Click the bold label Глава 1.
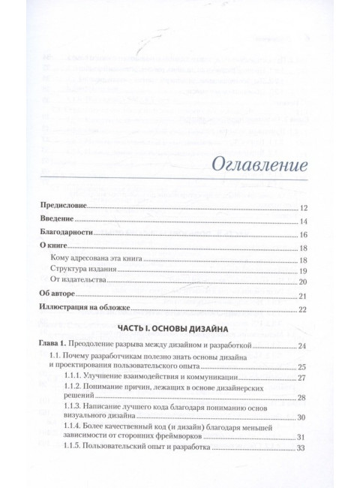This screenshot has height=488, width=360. pyautogui.click(x=58, y=345)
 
